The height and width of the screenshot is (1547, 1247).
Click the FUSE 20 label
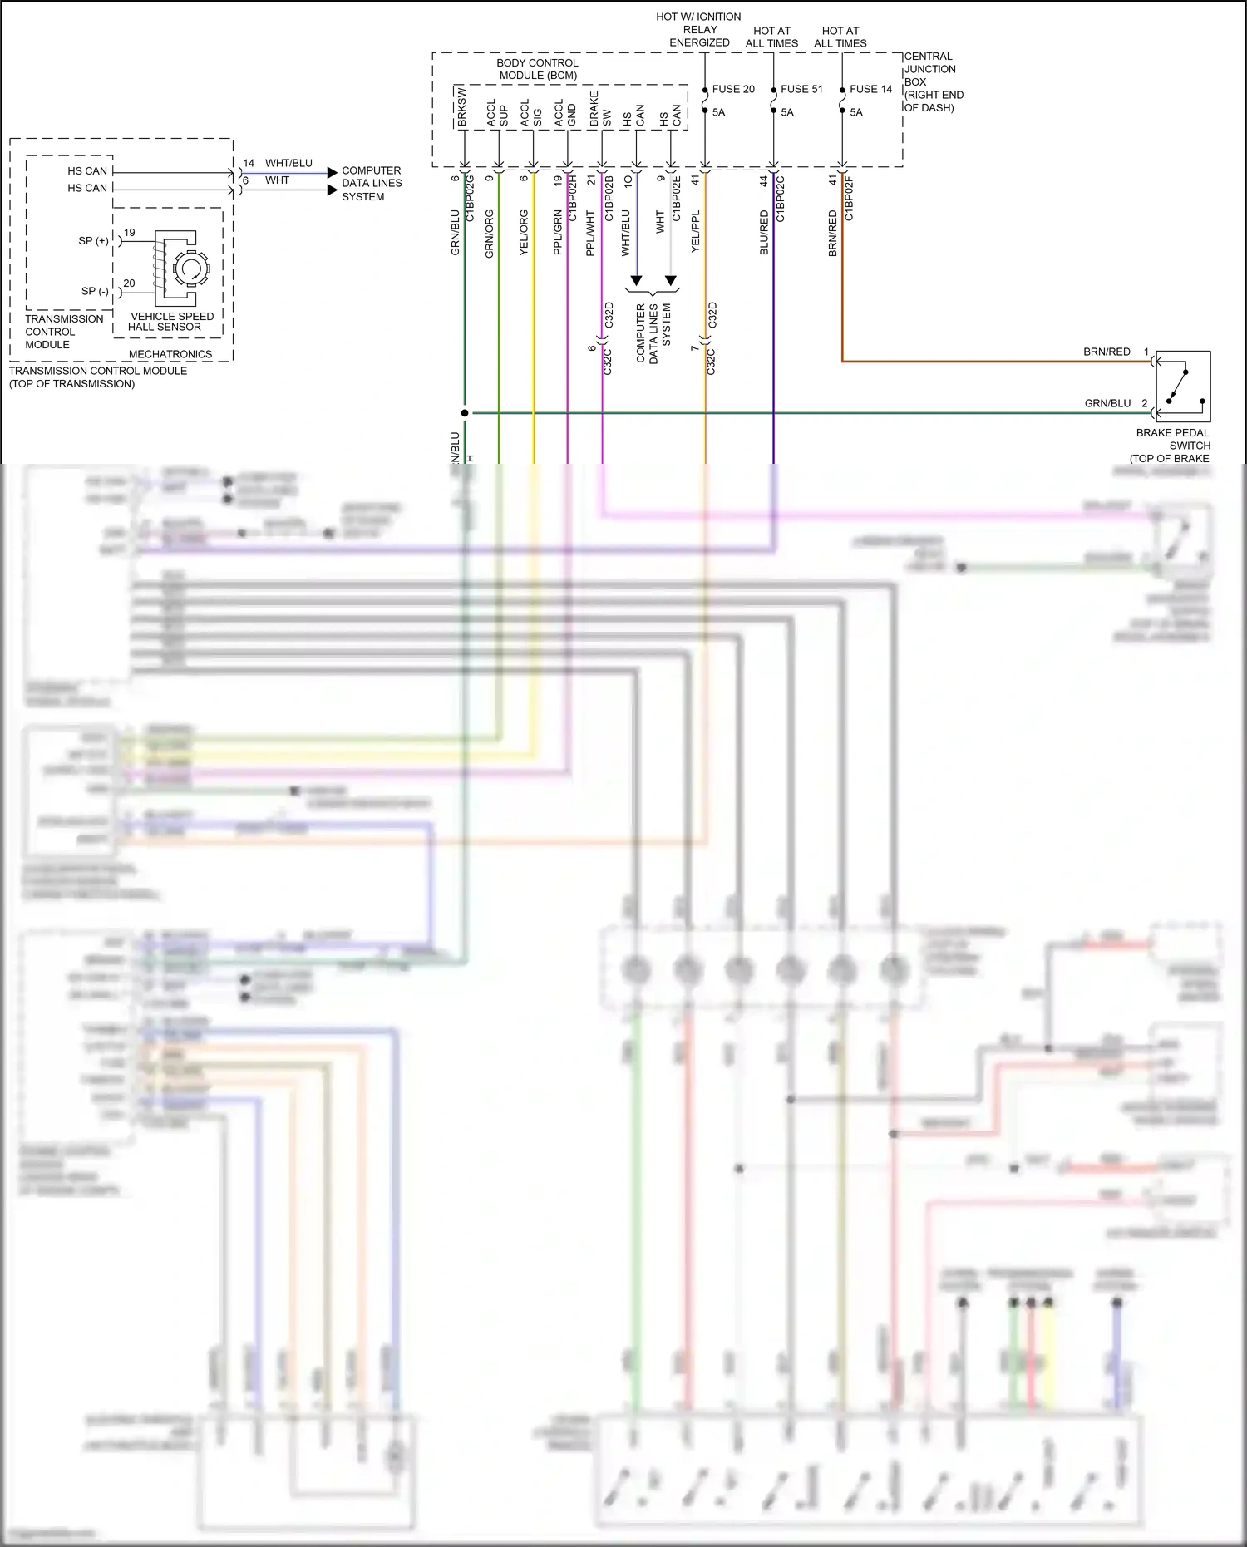point(732,89)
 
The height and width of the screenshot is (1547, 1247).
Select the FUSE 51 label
point(801,89)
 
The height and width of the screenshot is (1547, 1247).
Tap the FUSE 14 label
point(870,89)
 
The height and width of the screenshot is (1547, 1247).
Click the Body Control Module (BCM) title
point(537,69)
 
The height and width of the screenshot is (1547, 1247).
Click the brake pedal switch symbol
point(1183,387)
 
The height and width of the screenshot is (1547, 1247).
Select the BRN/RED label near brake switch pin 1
point(1106,352)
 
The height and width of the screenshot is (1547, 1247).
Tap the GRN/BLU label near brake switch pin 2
point(1107,403)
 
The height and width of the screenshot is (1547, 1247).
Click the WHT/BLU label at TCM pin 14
point(288,163)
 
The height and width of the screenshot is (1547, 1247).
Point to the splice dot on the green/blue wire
point(465,412)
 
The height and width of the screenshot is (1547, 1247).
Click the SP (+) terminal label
point(93,241)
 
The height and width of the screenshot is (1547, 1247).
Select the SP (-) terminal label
point(95,291)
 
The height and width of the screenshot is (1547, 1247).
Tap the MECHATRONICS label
point(170,354)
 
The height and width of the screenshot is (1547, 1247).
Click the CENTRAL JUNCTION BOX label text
point(929,81)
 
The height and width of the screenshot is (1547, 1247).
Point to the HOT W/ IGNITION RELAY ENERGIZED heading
point(698,29)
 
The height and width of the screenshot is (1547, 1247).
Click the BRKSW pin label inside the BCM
point(461,106)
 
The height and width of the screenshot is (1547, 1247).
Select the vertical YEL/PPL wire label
point(696,231)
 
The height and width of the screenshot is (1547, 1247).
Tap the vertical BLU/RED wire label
point(764,232)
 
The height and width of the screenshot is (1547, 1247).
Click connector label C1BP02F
point(849,199)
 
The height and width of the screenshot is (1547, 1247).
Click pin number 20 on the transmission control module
point(129,283)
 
